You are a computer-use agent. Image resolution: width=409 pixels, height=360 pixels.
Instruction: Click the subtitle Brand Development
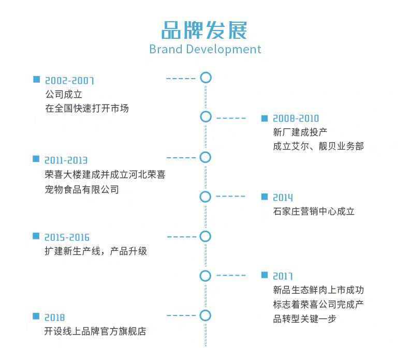[205, 49]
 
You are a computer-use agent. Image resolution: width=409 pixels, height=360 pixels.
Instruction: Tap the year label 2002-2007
[69, 81]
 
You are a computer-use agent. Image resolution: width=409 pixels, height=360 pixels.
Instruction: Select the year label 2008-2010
[296, 119]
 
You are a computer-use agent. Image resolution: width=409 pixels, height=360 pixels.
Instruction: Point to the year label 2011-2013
[66, 160]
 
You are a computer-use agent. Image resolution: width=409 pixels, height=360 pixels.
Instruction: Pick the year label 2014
[283, 198]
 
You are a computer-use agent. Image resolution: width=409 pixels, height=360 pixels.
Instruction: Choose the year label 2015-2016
[67, 237]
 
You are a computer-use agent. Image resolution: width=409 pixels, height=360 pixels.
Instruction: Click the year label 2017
[283, 276]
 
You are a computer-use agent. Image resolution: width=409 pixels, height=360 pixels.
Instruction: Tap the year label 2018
[55, 317]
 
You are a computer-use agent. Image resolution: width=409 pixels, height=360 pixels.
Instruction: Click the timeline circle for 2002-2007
[206, 78]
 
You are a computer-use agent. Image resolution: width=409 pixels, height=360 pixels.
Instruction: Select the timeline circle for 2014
[206, 197]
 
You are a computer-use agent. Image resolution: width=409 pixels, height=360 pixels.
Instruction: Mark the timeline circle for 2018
[206, 315]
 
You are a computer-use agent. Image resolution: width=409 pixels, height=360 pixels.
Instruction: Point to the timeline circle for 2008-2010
[206, 117]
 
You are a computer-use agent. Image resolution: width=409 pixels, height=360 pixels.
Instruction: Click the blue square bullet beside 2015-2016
[36, 236]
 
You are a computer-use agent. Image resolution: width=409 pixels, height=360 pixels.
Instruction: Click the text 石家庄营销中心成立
[314, 211]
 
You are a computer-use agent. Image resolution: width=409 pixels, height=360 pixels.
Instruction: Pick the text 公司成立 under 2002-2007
[64, 95]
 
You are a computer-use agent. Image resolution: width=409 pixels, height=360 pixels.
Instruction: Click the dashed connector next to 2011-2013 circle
[181, 157]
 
